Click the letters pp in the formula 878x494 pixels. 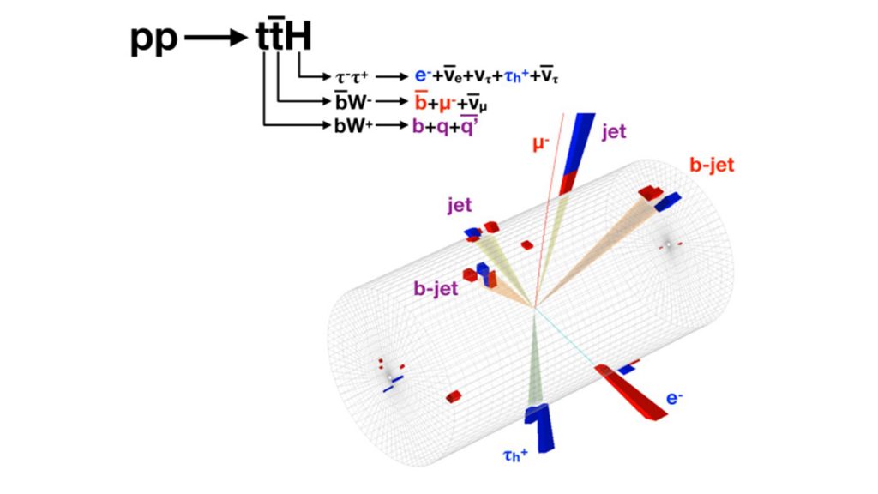[153, 39]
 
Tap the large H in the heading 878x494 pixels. [298, 39]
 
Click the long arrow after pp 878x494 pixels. [217, 39]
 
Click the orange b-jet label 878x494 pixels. [712, 165]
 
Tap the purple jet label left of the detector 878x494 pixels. [461, 205]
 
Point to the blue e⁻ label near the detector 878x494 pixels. [675, 398]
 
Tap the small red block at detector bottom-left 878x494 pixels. [454, 396]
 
